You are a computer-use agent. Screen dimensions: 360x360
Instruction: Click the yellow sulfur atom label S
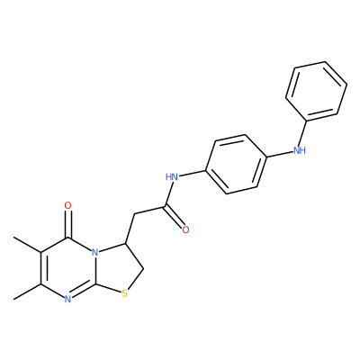pos(125,293)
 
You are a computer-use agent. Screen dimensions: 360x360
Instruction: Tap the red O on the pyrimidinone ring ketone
pos(68,206)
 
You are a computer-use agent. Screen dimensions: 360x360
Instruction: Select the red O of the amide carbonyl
pos(185,230)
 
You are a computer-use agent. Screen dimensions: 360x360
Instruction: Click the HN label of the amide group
pos(172,176)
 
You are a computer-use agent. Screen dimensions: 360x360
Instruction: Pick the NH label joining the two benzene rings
pos(300,150)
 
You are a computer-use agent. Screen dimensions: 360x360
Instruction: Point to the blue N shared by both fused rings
pos(95,252)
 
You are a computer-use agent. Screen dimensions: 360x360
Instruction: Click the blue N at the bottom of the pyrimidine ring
pos(67,299)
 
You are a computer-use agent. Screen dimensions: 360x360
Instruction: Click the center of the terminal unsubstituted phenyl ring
pos(316,91)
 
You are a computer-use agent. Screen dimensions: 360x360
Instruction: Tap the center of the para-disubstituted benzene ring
pos(236,164)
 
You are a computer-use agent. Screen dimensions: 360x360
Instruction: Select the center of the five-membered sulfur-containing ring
pos(118,267)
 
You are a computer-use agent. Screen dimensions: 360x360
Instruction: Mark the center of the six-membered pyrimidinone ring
pos(68,268)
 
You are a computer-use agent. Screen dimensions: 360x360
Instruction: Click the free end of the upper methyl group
pos(13,238)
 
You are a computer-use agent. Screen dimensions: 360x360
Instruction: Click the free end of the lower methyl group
pos(13,299)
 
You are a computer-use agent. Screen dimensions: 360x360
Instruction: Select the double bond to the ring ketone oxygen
pos(68,224)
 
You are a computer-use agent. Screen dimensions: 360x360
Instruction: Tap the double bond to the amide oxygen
pos(175,217)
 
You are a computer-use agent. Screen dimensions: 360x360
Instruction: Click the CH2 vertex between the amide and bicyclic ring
pos(134,214)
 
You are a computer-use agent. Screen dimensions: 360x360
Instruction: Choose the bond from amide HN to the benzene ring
pos(192,174)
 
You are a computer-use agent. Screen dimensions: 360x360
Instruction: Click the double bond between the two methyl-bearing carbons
pos(40,268)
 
